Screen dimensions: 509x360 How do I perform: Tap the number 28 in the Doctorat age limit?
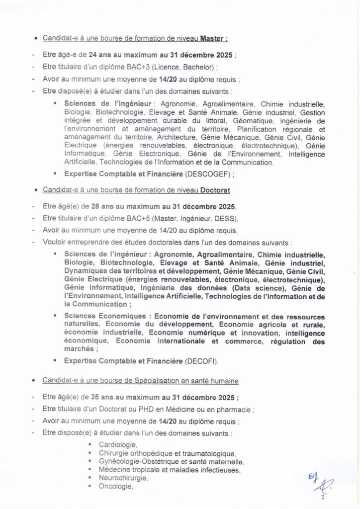(93, 205)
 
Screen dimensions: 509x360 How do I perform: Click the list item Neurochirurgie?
(123, 478)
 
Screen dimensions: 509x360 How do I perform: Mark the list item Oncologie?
(116, 487)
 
